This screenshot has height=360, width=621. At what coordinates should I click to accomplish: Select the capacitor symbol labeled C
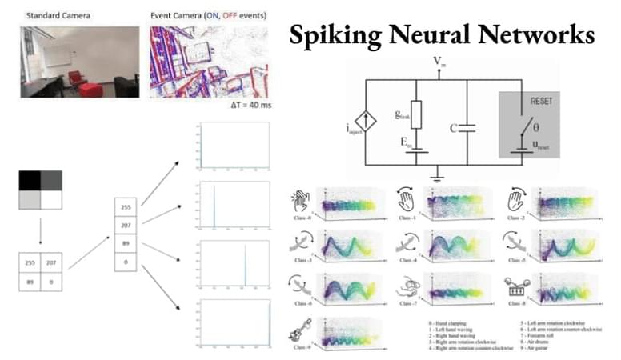468,127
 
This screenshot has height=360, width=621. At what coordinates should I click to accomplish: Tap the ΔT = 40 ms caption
249,105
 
